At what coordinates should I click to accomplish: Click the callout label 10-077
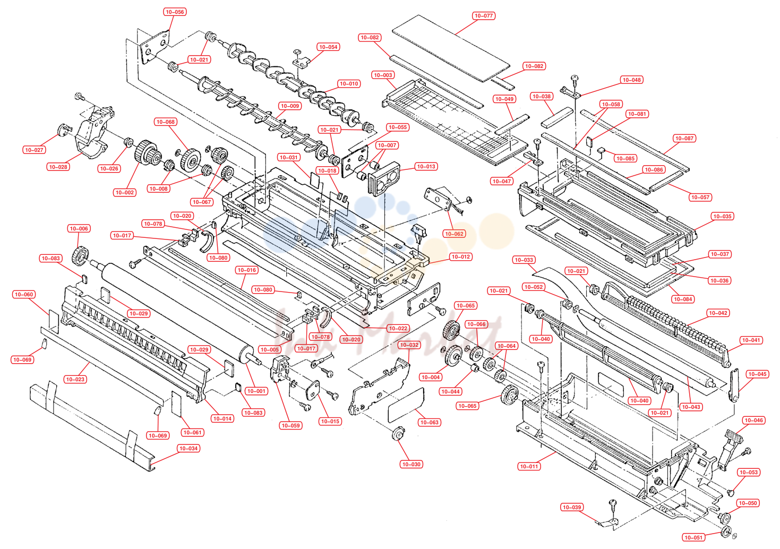pyautogui.click(x=484, y=16)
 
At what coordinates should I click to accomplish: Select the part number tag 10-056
pyautogui.click(x=175, y=12)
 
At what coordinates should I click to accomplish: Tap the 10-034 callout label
pyautogui.click(x=188, y=449)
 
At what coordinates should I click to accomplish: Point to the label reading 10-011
pyautogui.click(x=529, y=467)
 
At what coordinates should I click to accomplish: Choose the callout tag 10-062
pyautogui.click(x=454, y=234)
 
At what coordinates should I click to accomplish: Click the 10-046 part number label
pyautogui.click(x=753, y=420)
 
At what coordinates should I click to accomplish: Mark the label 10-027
pyautogui.click(x=34, y=150)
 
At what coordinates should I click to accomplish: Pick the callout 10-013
pyautogui.click(x=426, y=166)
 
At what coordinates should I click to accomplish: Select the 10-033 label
pyautogui.click(x=524, y=260)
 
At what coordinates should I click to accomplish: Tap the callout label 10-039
pyautogui.click(x=572, y=507)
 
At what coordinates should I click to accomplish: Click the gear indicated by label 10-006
pyautogui.click(x=80, y=256)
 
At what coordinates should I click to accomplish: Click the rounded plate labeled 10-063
pyautogui.click(x=406, y=405)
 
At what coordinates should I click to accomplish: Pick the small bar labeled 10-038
pyautogui.click(x=557, y=117)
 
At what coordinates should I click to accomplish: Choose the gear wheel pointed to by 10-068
pyautogui.click(x=191, y=160)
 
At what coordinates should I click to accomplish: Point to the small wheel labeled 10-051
pyautogui.click(x=726, y=532)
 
